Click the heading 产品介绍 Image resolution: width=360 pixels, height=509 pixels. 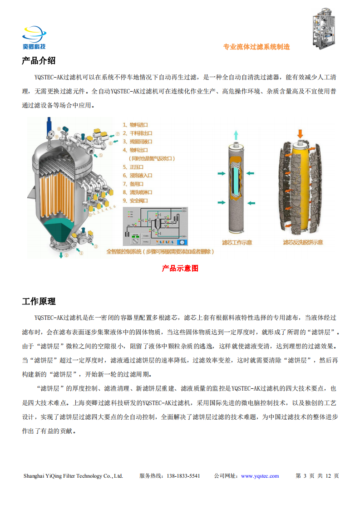pyautogui.click(x=39, y=61)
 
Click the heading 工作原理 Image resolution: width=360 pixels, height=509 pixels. pyautogui.click(x=39, y=301)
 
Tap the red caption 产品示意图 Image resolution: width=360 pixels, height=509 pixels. pyautogui.click(x=180, y=268)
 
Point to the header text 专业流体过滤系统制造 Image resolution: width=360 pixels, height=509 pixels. pyautogui.click(x=256, y=47)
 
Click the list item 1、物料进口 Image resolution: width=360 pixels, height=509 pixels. pyautogui.click(x=136, y=125)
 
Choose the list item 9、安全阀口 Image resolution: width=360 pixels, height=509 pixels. pyautogui.click(x=136, y=201)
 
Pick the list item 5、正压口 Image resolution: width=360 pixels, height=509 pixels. pyautogui.click(x=133, y=167)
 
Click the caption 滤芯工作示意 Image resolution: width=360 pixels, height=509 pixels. pyautogui.click(x=237, y=242)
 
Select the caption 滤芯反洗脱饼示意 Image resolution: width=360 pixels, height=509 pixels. pyautogui.click(x=303, y=242)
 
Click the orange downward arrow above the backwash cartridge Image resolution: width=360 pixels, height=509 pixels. pyautogui.click(x=300, y=134)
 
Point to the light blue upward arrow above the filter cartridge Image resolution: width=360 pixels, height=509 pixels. pyautogui.click(x=236, y=134)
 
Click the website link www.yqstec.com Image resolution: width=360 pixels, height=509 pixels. pyautogui.click(x=260, y=476)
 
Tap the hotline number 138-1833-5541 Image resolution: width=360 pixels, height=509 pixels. pyautogui.click(x=183, y=476)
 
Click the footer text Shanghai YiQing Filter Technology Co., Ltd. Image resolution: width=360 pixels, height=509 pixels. pyautogui.click(x=73, y=476)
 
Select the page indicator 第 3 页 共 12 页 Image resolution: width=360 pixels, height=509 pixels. pyautogui.click(x=317, y=476)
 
